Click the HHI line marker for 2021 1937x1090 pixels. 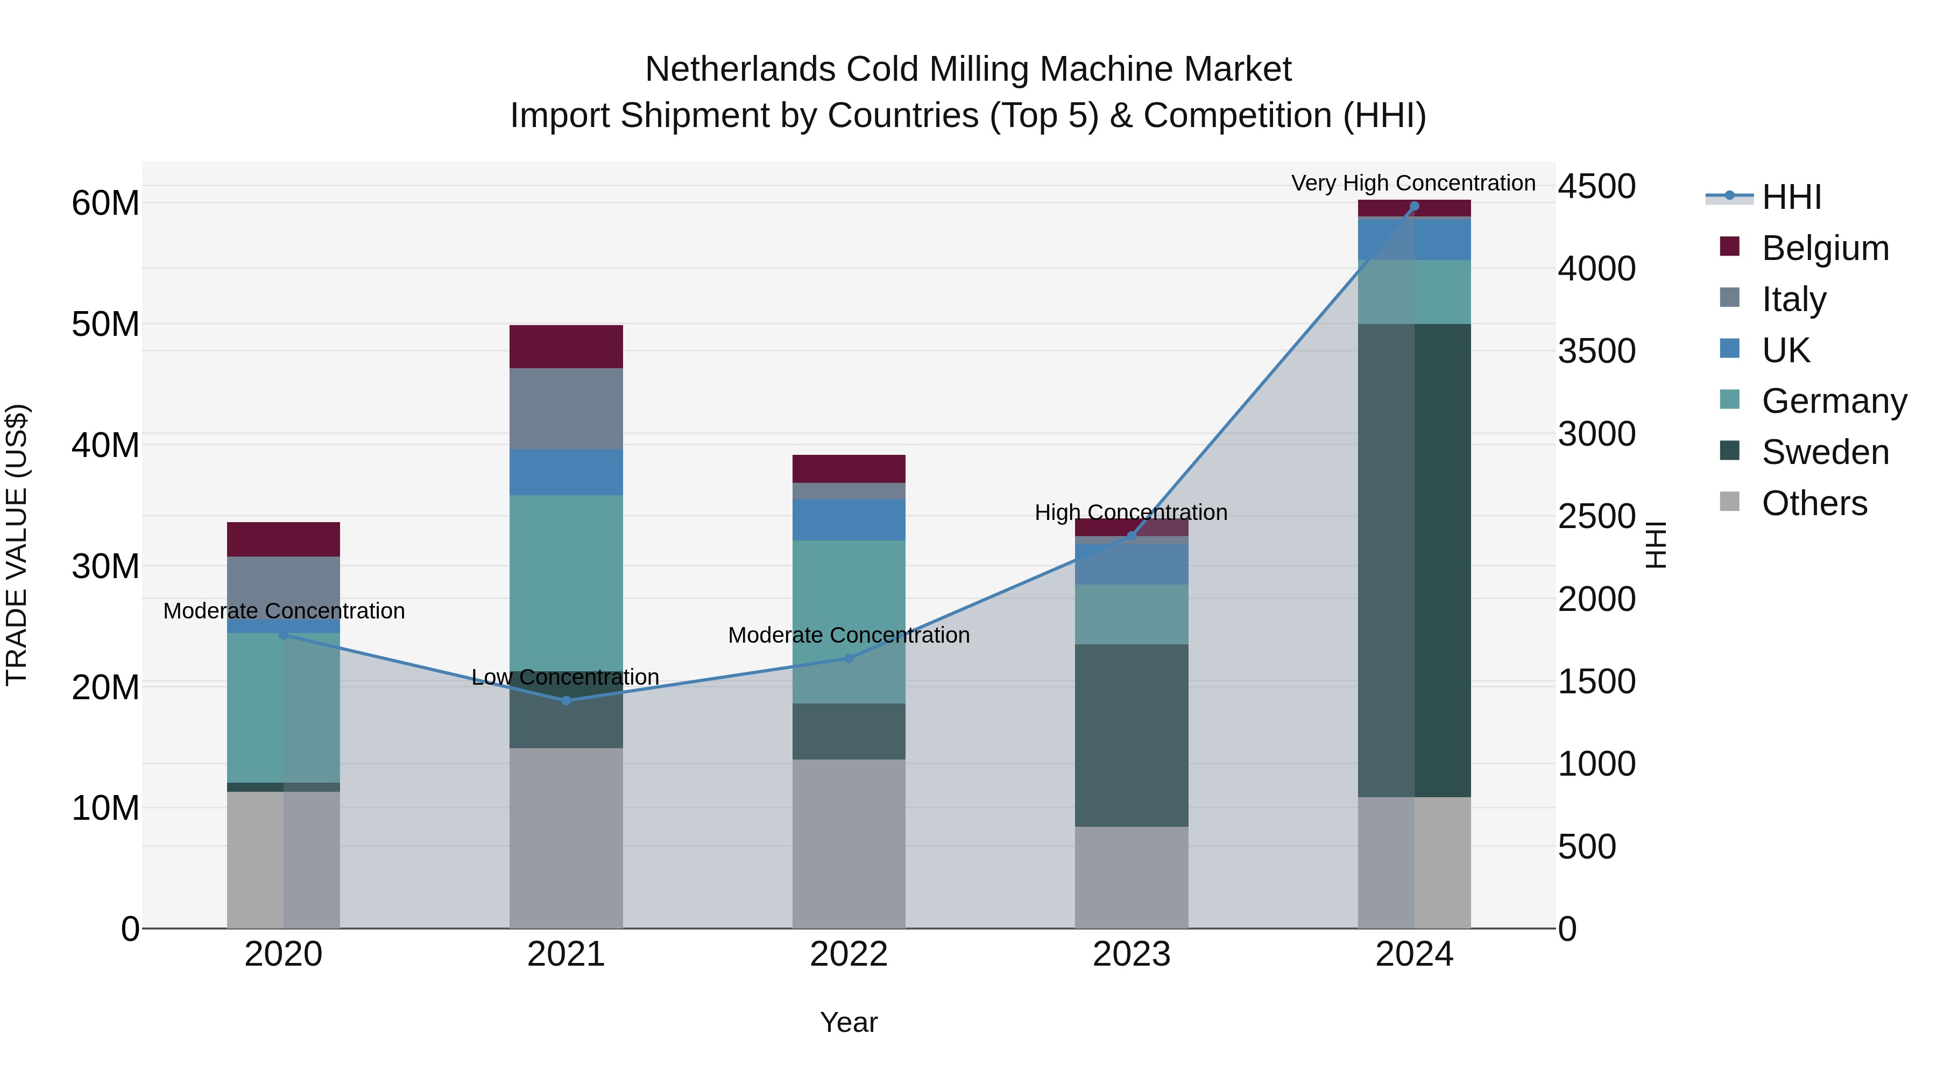[566, 700]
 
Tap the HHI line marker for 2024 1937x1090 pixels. [1415, 206]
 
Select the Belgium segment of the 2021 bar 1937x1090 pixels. [566, 347]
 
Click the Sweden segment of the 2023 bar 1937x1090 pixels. [1132, 736]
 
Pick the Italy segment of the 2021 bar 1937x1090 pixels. [566, 409]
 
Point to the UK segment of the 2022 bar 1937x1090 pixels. [849, 520]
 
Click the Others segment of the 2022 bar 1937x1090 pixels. [849, 843]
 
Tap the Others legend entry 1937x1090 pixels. [1814, 503]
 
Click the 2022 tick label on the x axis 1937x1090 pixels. [849, 954]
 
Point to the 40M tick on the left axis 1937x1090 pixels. [105, 445]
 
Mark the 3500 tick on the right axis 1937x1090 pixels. [1596, 351]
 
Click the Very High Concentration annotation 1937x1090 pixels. [1413, 183]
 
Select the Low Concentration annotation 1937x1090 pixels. [565, 677]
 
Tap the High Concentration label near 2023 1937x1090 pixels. [1131, 512]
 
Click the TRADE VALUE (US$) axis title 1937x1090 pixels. [17, 545]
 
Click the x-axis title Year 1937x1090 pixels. [849, 1022]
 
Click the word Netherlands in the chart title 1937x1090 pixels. [740, 69]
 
